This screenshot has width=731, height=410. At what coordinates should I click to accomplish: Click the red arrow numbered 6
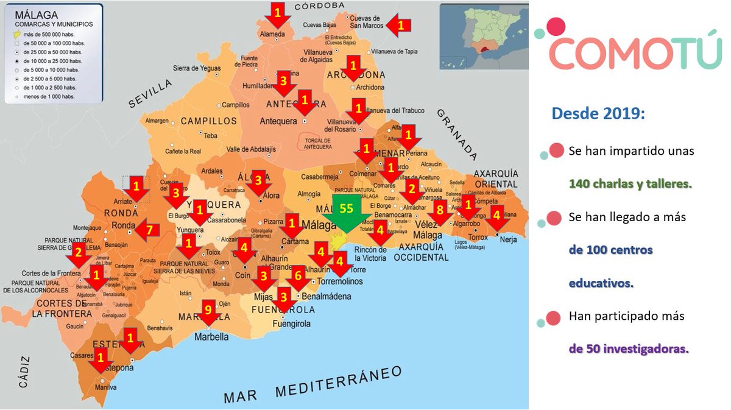[298, 278]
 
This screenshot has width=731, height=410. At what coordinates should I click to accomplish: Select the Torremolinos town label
[339, 281]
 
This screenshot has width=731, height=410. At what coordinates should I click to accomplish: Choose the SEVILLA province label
[150, 95]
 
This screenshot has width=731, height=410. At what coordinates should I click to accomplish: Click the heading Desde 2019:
[598, 113]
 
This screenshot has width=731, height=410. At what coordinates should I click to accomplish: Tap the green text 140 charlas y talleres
[630, 183]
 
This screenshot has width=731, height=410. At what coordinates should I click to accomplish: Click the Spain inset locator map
[483, 35]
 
